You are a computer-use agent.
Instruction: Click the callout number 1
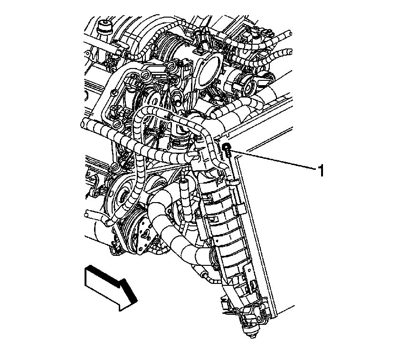coord(321,170)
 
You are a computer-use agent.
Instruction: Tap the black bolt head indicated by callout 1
coord(226,146)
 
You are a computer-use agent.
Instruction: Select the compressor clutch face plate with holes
coord(145,235)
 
